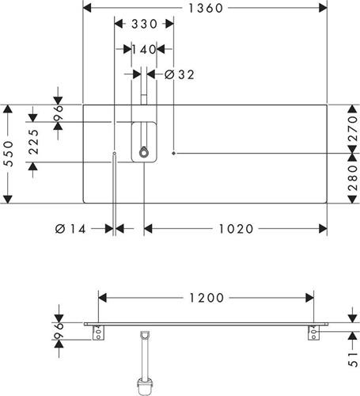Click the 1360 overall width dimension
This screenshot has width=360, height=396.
click(206, 8)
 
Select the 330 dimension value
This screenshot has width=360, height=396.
click(144, 24)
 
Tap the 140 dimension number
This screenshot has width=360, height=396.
click(144, 49)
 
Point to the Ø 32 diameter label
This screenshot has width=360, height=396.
click(180, 74)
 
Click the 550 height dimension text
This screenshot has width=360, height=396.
click(9, 154)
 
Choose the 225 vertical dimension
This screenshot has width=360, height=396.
click(34, 142)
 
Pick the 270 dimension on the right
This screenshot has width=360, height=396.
click(352, 129)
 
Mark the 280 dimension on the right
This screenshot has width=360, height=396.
click(352, 178)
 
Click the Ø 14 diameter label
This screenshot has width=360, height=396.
click(70, 229)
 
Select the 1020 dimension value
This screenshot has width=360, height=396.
click(236, 229)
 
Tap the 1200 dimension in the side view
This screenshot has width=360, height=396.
click(207, 298)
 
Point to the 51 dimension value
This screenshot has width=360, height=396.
click(353, 360)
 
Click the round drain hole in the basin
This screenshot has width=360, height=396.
click(144, 153)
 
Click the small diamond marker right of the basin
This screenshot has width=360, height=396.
click(173, 153)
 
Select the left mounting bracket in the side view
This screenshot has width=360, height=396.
click(99, 333)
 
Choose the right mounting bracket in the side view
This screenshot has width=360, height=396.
click(313, 333)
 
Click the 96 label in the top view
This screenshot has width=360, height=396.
click(59, 113)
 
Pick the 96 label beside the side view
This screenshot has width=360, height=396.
click(59, 331)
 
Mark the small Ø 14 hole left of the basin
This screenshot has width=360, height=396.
click(115, 153)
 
